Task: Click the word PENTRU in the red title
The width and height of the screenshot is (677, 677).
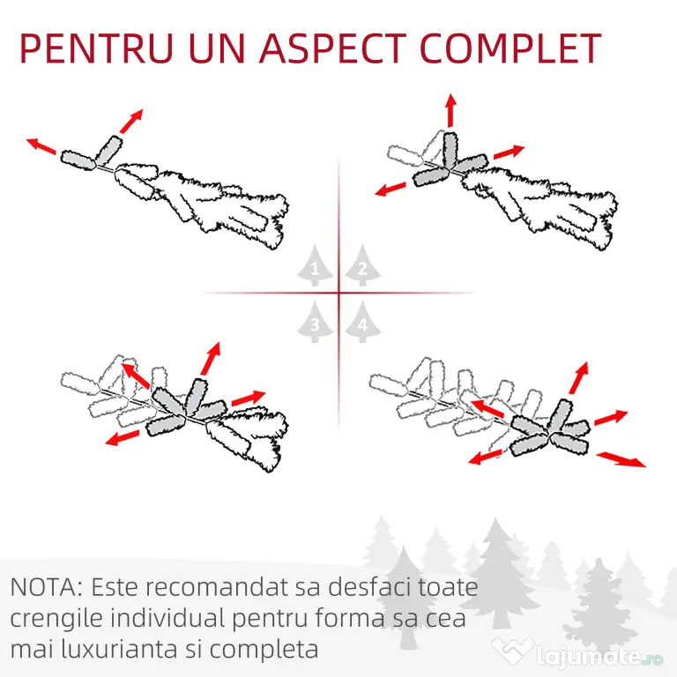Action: pos(97,48)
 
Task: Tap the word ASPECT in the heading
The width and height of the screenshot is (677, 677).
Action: pos(332,48)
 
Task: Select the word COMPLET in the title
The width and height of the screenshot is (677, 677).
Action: pos(510,48)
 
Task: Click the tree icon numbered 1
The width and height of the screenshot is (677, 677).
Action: pos(315,265)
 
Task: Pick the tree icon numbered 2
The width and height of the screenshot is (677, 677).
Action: pos(362,265)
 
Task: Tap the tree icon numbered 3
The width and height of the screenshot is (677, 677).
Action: pos(315,322)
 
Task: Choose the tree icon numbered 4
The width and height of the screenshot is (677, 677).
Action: pos(362,322)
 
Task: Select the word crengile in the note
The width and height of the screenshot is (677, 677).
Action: pos(56,619)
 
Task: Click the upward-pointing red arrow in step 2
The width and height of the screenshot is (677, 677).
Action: pos(451,110)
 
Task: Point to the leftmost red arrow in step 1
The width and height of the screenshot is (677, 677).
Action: pos(41,146)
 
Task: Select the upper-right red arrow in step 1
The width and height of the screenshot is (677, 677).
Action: pos(131,122)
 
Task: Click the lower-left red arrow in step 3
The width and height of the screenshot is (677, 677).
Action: pos(123,437)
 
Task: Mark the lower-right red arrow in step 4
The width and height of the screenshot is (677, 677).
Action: pos(621,459)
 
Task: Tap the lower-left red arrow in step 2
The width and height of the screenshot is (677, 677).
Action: pos(391,189)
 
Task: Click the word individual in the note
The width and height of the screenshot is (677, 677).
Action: pos(168,618)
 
